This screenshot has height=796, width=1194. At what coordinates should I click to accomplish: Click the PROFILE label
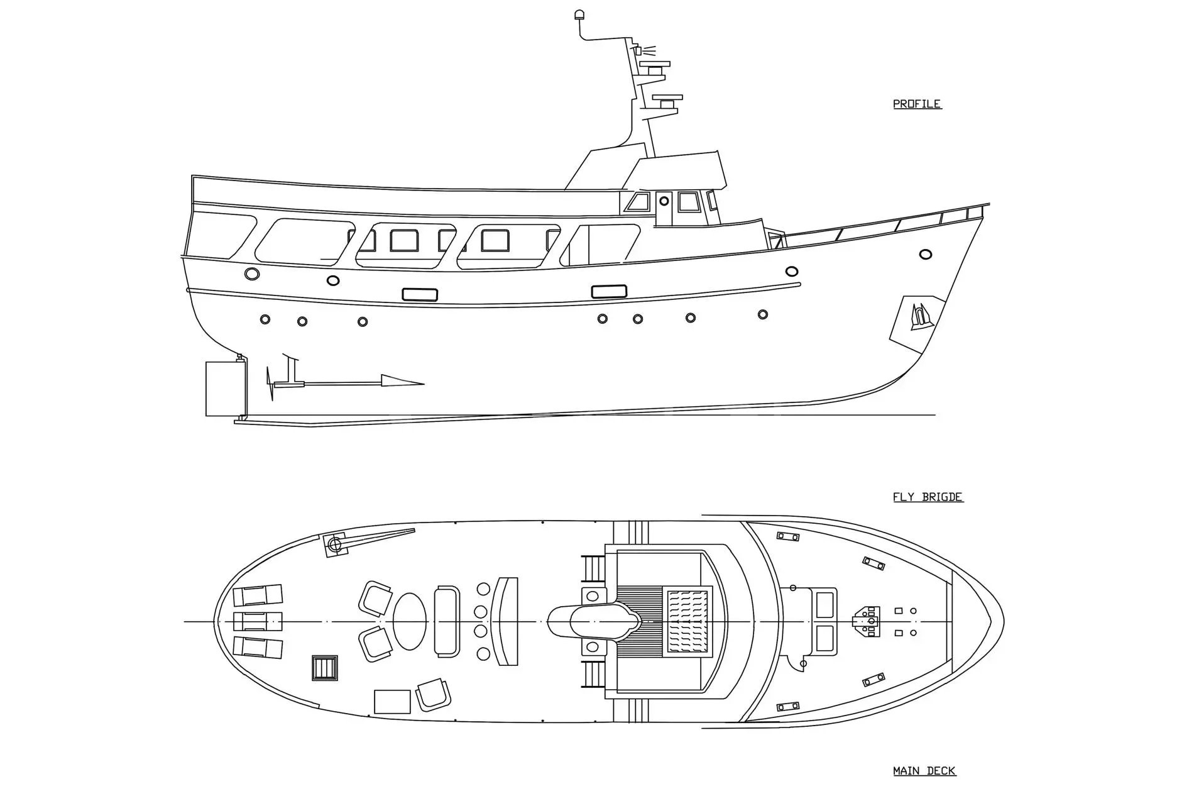[917, 104]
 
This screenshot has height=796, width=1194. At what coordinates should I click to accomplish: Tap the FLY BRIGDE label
[928, 497]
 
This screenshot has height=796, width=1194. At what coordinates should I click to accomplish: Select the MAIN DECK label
[924, 771]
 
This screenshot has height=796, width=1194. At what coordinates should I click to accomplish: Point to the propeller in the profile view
[271, 384]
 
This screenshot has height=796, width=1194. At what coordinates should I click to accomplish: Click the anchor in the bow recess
[921, 316]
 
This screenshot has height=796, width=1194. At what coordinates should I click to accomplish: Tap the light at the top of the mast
[579, 14]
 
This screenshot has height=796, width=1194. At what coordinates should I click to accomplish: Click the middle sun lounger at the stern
[258, 621]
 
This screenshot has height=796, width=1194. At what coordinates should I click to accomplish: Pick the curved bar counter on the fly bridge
[506, 621]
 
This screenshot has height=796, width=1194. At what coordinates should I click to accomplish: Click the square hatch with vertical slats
[325, 668]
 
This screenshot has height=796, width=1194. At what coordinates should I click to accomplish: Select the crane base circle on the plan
[335, 544]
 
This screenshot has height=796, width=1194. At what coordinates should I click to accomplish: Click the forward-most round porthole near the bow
[925, 255]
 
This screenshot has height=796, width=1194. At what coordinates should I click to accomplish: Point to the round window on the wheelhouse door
[664, 201]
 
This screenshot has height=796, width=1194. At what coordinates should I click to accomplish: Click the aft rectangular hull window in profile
[420, 294]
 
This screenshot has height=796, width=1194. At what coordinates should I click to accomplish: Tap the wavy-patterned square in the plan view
[686, 621]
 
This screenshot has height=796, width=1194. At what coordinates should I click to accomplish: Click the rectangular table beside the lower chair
[392, 702]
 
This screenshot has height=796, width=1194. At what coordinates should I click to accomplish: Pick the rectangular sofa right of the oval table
[447, 621]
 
